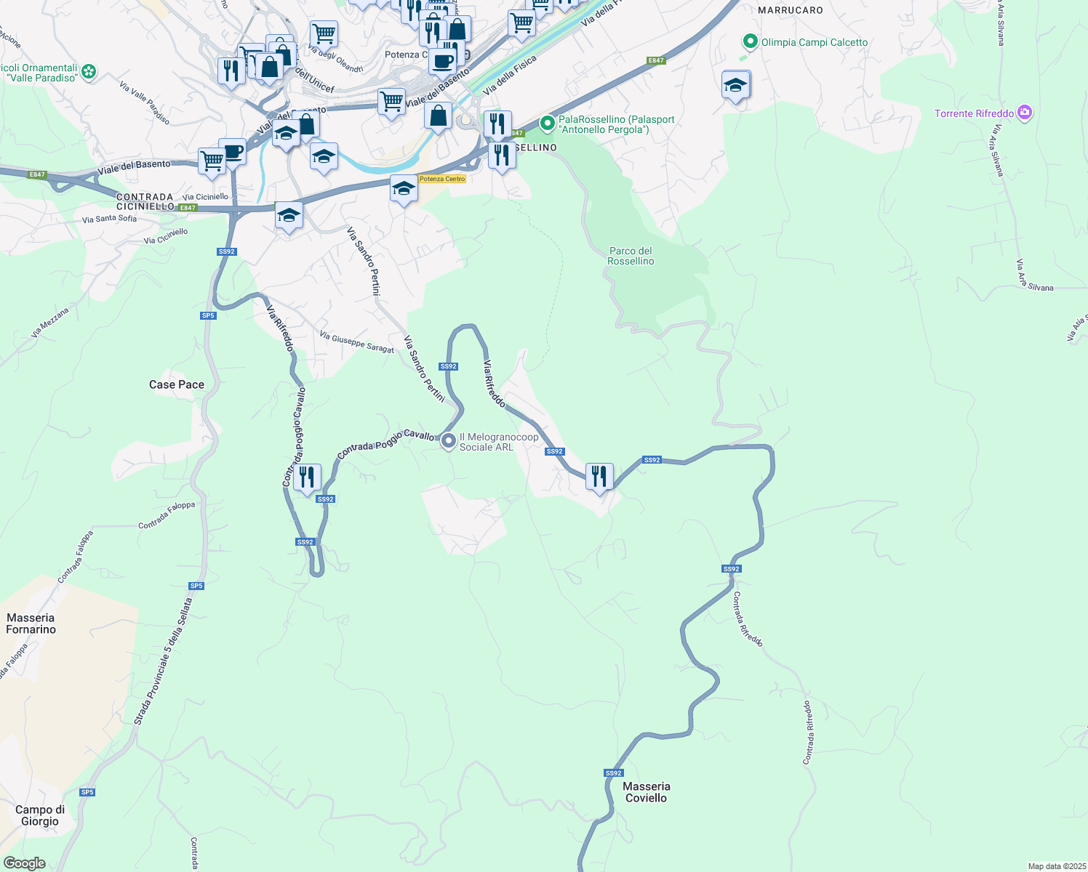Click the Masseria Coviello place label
[646, 792]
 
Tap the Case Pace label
[177, 384]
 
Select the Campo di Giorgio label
[40, 815]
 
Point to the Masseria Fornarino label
[31, 623]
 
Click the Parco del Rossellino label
[631, 256]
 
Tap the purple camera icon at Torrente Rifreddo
[1025, 113]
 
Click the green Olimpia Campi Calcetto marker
[750, 42]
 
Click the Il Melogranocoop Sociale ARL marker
[449, 440]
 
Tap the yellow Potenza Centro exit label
[441, 179]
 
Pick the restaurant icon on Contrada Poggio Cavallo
[307, 477]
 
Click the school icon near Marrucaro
[735, 85]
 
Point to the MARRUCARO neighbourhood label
[790, 10]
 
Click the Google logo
[24, 863]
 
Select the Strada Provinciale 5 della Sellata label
[164, 661]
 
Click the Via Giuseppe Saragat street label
[356, 342]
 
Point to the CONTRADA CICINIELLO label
[145, 201]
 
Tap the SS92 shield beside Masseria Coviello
[613, 773]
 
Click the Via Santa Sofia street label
[109, 219]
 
